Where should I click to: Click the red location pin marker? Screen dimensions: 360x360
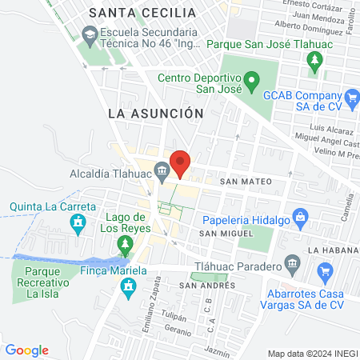[x=181, y=163]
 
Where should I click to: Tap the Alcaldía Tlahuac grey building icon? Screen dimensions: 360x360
[x=162, y=170]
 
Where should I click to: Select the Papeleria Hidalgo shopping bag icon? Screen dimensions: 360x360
[x=300, y=216]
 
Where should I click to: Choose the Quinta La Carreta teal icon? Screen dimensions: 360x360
[x=78, y=227]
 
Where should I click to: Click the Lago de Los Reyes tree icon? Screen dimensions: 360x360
[x=124, y=243]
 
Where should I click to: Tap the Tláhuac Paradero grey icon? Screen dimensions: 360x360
[x=293, y=264]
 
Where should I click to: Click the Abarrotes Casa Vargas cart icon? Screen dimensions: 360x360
[x=325, y=274]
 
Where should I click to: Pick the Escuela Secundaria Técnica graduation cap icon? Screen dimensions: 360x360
[x=88, y=35]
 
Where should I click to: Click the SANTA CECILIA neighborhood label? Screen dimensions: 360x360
[x=142, y=13]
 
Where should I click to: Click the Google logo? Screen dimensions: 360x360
[x=27, y=350]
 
